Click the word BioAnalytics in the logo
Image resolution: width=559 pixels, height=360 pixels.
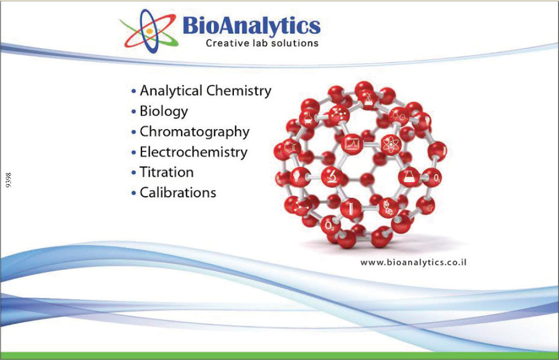point(251,26)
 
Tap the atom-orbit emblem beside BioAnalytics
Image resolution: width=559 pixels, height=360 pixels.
point(149,31)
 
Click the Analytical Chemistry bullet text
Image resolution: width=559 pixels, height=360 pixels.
point(205,91)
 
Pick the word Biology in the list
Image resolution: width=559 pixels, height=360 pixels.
point(164,111)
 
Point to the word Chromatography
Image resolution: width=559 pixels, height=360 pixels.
point(194,132)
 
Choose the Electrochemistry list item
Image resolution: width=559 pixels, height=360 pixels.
point(193,152)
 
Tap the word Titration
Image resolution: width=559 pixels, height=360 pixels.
point(166,172)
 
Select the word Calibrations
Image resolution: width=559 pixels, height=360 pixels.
point(178,192)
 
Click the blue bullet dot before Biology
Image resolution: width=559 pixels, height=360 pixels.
point(134,112)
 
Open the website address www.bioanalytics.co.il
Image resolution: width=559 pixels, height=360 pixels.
point(413,263)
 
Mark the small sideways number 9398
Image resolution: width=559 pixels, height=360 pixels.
point(9,180)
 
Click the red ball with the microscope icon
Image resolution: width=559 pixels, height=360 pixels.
point(332,177)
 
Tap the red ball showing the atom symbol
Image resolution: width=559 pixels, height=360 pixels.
point(391,145)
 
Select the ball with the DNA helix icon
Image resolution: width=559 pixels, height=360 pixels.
point(388,208)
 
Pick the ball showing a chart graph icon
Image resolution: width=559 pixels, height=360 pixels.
point(352,144)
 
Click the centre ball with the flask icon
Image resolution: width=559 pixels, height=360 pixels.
point(409,177)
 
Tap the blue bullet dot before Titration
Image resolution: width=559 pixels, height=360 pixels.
point(134,173)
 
